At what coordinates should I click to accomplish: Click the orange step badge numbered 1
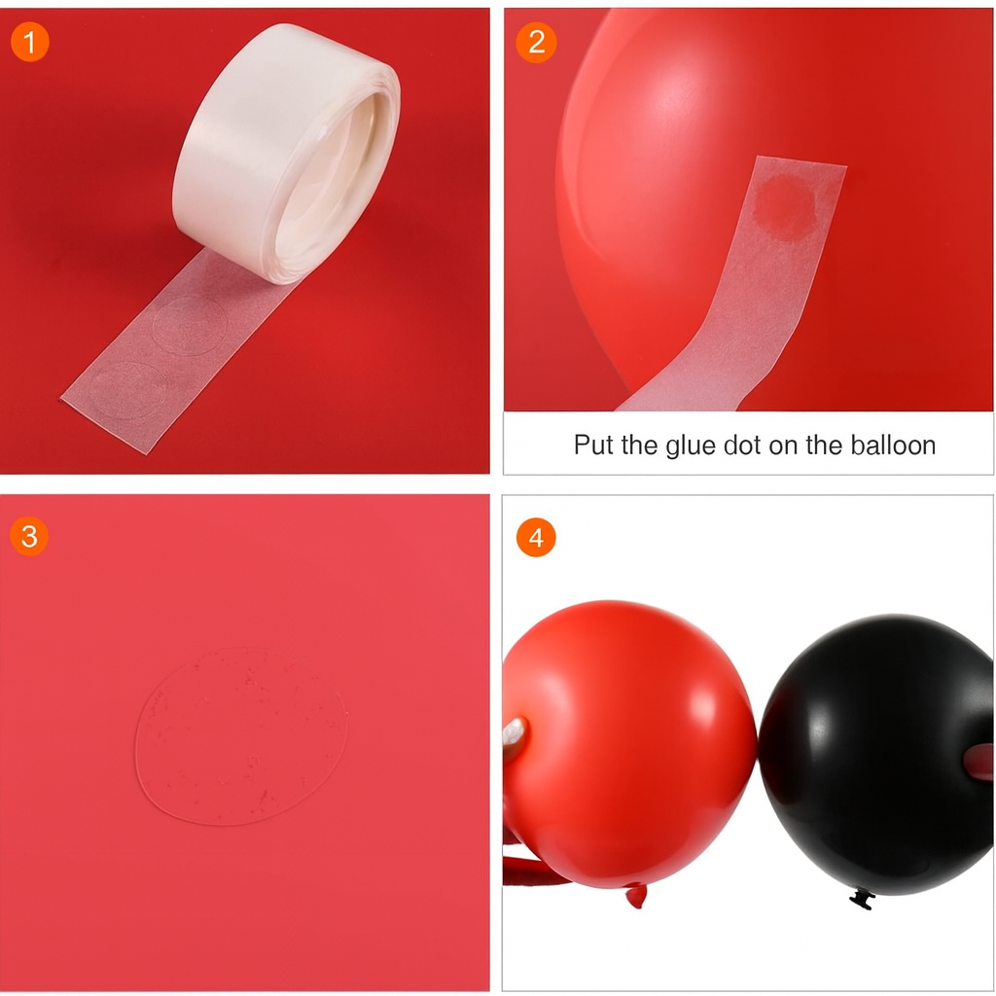(x=29, y=42)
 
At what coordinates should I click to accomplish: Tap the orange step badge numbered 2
(x=536, y=43)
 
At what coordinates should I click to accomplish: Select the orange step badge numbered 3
(x=29, y=537)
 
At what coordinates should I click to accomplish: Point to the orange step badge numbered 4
(x=536, y=537)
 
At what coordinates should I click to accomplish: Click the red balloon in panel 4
(x=629, y=743)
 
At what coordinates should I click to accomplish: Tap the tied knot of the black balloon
(x=862, y=898)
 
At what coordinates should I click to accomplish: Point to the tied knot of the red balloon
(x=636, y=895)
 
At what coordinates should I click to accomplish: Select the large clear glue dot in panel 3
(x=241, y=737)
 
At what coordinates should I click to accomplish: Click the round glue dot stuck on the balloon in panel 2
(x=785, y=207)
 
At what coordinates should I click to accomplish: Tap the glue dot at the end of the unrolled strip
(x=128, y=390)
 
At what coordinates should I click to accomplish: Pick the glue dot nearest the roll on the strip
(x=190, y=325)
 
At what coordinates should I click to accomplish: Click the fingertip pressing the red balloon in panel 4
(x=515, y=737)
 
